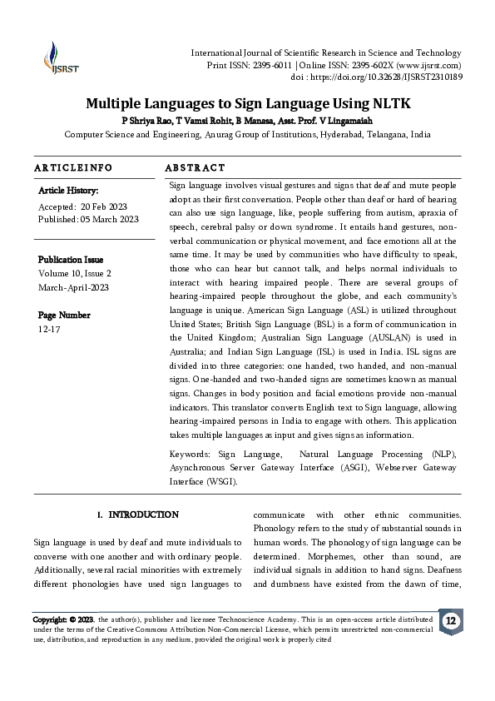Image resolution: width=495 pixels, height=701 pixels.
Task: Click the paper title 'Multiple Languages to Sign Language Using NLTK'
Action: [x=249, y=104]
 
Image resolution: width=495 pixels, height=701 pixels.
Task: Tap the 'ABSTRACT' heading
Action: [x=196, y=168]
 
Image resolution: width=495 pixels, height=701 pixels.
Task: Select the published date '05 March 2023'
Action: [x=109, y=219]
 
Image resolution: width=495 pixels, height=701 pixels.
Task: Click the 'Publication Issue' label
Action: [x=71, y=260]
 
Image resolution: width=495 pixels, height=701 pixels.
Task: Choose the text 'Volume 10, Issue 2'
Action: [x=75, y=272]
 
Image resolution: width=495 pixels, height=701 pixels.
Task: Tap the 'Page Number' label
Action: [x=64, y=315]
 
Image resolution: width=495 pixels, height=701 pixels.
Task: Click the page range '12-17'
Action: [x=50, y=328]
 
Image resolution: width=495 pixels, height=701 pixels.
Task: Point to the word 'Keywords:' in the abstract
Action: [x=190, y=455]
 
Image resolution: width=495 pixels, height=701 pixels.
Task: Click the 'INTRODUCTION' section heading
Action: [x=143, y=515]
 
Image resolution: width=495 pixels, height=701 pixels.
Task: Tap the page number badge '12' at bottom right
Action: [x=451, y=622]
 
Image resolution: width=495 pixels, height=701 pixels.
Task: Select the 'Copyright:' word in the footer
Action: [x=50, y=620]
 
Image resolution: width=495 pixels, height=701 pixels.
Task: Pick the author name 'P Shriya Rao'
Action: [x=141, y=121]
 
